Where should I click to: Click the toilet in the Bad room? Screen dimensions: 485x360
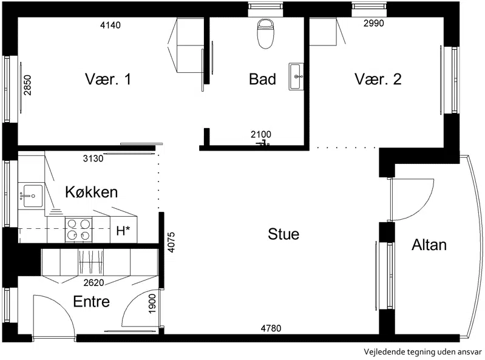tap(266, 33)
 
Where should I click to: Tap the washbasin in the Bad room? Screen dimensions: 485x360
tap(296, 76)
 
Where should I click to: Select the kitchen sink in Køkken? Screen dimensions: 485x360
tap(30, 195)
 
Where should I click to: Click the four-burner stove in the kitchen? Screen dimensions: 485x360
tap(78, 230)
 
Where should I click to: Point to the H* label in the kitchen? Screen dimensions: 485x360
tap(123, 231)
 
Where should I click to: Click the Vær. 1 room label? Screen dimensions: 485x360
tap(108, 79)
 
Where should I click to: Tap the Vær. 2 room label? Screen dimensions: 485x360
tap(378, 79)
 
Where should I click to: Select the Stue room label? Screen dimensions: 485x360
tap(283, 234)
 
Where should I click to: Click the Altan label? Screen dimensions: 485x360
tap(429, 245)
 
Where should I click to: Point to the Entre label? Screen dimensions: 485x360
tap(92, 302)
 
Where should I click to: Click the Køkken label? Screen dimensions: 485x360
tap(92, 192)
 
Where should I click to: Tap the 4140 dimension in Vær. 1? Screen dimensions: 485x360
tap(110, 25)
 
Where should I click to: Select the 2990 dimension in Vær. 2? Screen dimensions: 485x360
tap(374, 23)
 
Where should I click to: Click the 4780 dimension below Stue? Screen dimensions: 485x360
tap(271, 328)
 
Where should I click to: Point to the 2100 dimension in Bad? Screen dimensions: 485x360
tap(261, 134)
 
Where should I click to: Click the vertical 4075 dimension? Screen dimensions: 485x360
tap(171, 242)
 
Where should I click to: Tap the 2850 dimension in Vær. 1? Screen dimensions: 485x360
tap(28, 86)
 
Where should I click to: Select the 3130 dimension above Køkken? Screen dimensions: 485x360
tap(93, 158)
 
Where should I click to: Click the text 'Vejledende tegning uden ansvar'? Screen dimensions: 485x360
tap(423, 352)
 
